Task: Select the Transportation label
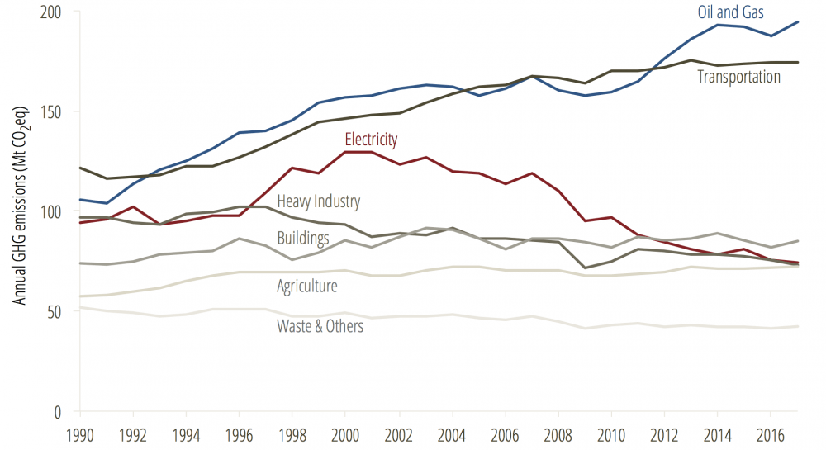point(738,77)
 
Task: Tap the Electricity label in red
point(371,139)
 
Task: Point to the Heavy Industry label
point(318,201)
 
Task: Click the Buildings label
point(303,238)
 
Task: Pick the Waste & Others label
point(320,326)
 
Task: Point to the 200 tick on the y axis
point(58,12)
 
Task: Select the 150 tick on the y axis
point(58,112)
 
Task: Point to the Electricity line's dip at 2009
point(584,221)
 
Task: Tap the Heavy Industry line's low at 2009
point(584,268)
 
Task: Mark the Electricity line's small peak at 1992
point(133,206)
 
